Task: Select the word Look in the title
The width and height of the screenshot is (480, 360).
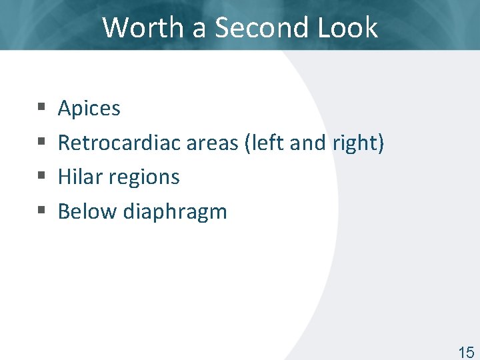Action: pos(348,27)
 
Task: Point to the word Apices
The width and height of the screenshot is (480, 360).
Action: pos(89,109)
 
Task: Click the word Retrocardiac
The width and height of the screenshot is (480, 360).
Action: pos(119,143)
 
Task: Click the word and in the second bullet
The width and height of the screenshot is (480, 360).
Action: pos(308,143)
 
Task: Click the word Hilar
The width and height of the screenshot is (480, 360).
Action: pos(77,177)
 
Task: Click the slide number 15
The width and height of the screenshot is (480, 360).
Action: pos(466,353)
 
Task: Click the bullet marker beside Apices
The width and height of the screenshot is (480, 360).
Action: pos(41,107)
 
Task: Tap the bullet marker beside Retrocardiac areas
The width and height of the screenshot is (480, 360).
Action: pos(41,142)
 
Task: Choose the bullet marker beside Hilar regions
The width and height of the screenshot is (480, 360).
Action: pos(41,177)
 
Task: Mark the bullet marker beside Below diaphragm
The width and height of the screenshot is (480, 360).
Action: pos(41,211)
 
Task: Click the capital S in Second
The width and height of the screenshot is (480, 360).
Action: pos(224,27)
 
